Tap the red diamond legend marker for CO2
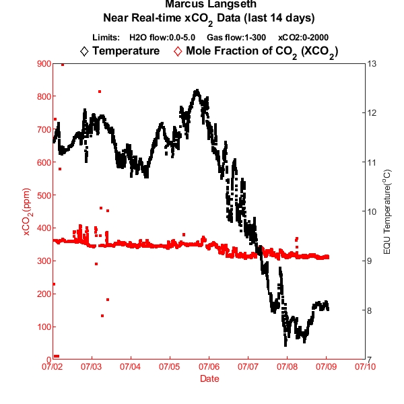click(x=178, y=51)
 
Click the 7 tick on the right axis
click(x=370, y=360)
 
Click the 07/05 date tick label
click(x=169, y=368)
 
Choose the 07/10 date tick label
click(x=365, y=368)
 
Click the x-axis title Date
click(x=209, y=379)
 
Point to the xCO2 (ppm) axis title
click(x=28, y=211)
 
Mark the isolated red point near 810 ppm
click(x=100, y=91)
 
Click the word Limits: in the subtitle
click(x=106, y=37)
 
